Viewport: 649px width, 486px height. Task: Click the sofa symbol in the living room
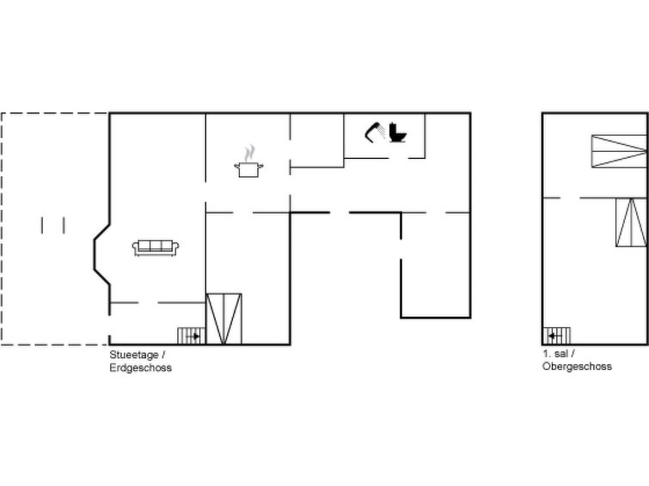156,247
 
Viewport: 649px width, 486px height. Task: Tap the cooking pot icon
248,168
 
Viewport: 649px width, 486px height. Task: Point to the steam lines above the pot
249,152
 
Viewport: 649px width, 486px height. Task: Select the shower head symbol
376,132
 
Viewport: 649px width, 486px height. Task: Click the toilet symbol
398,133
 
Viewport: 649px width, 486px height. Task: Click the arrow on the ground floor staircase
196,336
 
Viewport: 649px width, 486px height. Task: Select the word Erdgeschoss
141,368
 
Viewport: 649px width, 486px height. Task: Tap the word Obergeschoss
577,367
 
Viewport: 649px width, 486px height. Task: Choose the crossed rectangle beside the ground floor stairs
223,319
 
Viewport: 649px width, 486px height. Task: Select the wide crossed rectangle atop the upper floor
618,151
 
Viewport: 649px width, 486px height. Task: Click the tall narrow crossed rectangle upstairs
632,223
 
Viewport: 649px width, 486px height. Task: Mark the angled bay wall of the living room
101,253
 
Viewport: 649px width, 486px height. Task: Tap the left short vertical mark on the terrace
43,225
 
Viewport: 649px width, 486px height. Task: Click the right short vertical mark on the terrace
64,225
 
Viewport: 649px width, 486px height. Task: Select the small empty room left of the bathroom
316,140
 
